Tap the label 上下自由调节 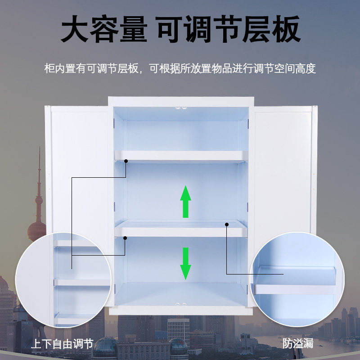(x=62, y=344)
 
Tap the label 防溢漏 (x=297, y=343)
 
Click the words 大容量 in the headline (x=103, y=30)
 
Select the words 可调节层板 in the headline (x=228, y=30)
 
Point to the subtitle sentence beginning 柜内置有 (x=180, y=69)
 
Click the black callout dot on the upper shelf (x=126, y=161)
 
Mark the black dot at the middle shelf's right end (x=227, y=224)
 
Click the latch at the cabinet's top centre (x=180, y=108)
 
